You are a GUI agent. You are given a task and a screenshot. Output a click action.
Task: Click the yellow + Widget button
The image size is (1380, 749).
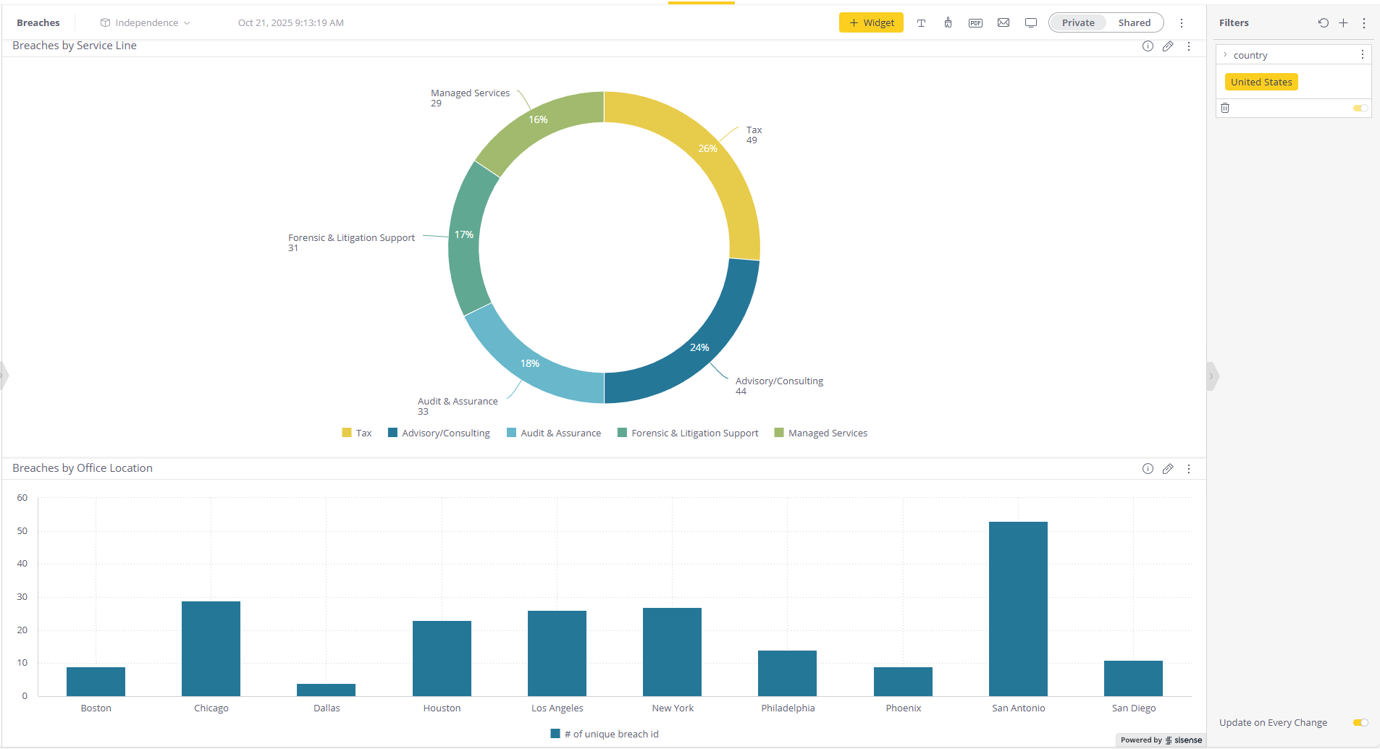click(871, 22)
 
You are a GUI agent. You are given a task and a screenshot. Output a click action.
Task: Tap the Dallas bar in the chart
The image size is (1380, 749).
click(326, 690)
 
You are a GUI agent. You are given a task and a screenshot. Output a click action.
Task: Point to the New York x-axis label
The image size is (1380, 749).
click(672, 708)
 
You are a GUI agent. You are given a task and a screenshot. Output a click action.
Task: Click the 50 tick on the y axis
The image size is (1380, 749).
click(22, 530)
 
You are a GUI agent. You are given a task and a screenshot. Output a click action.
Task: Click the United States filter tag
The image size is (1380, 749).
click(1261, 82)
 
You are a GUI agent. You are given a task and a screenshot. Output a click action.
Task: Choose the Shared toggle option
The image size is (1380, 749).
click(1134, 22)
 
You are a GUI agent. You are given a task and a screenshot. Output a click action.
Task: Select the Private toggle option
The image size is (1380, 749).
click(1077, 22)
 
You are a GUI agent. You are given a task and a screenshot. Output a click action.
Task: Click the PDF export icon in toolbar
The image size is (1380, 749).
click(975, 22)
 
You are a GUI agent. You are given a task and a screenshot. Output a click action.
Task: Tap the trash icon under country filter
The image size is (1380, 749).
click(1225, 108)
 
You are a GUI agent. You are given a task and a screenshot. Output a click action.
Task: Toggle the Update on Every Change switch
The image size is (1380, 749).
click(1360, 722)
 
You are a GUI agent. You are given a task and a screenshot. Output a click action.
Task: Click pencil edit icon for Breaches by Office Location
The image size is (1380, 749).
click(1168, 468)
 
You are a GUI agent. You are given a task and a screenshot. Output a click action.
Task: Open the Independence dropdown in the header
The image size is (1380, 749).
click(146, 22)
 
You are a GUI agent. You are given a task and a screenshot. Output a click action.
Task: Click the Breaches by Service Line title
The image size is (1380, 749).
click(75, 46)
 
